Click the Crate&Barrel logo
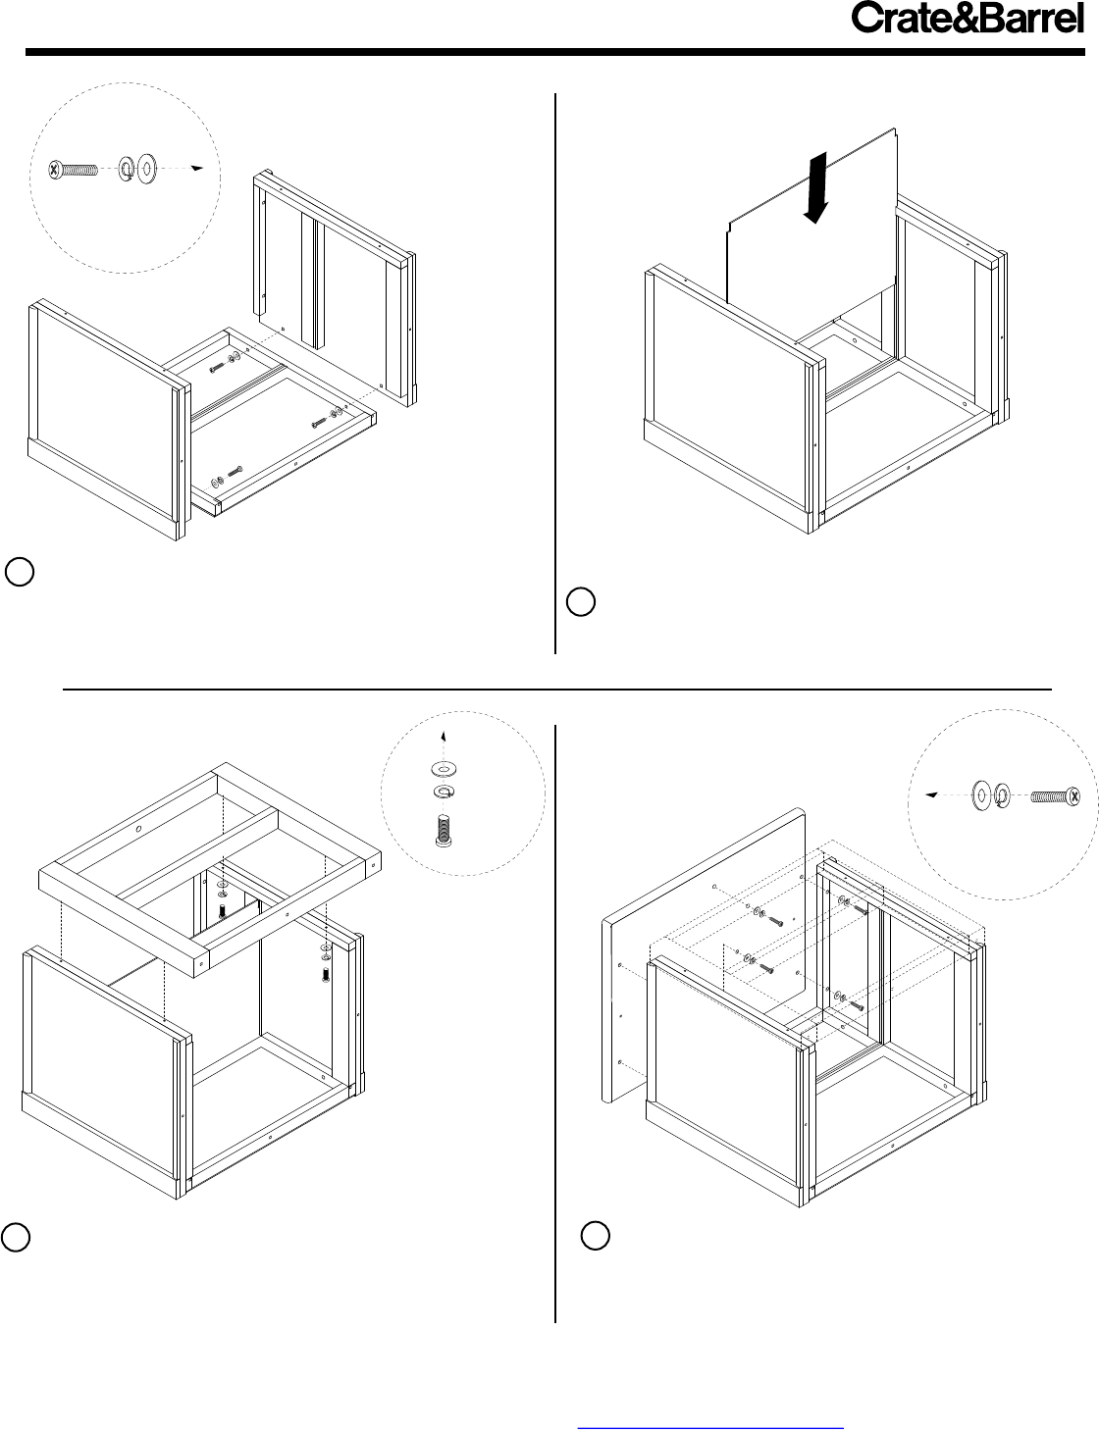click(x=968, y=18)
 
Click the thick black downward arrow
click(x=816, y=188)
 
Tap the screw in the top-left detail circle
click(x=74, y=170)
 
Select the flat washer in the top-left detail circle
click(x=146, y=169)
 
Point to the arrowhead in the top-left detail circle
click(x=196, y=168)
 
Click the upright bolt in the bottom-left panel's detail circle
click(x=444, y=830)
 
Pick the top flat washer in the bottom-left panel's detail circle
click(x=445, y=768)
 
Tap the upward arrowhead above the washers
click(x=444, y=737)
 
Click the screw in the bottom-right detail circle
click(x=1056, y=796)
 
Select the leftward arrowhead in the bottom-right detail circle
click(x=931, y=794)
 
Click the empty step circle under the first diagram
click(x=19, y=572)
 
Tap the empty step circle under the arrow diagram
click(x=581, y=601)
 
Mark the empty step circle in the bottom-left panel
click(x=15, y=1237)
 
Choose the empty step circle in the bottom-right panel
click(x=595, y=1235)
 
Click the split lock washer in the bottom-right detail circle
click(x=1002, y=796)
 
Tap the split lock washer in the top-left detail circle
click(x=126, y=169)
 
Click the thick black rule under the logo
click(x=554, y=51)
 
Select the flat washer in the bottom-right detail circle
click(x=981, y=795)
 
